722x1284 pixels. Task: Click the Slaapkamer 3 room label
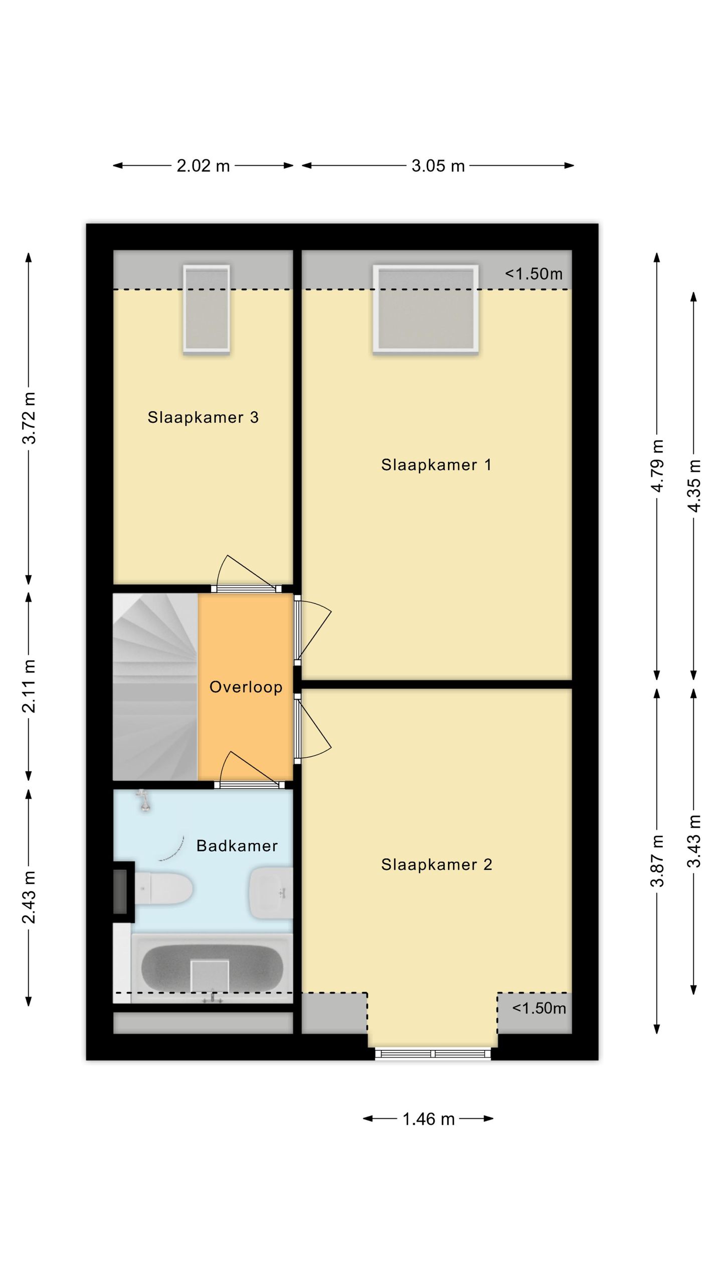(203, 417)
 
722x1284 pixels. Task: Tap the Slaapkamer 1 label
(436, 465)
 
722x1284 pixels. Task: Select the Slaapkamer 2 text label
(437, 864)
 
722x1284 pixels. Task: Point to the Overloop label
(246, 687)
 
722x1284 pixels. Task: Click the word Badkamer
(237, 846)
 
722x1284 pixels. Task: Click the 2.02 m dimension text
(203, 166)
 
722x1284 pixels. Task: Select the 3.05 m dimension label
(438, 166)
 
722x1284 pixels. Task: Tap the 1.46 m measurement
(429, 1119)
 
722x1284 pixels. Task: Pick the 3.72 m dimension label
(29, 418)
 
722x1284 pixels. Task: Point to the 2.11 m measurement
(29, 686)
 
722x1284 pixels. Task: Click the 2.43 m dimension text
(29, 897)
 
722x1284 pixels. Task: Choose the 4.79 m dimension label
(657, 466)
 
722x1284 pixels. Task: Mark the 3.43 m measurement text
(694, 841)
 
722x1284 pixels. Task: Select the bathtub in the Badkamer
(211, 968)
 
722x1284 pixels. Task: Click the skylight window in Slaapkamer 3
(207, 308)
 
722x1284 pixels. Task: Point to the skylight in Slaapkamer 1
(426, 308)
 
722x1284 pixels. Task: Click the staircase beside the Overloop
(155, 687)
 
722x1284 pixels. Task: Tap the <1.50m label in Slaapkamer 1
(533, 274)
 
